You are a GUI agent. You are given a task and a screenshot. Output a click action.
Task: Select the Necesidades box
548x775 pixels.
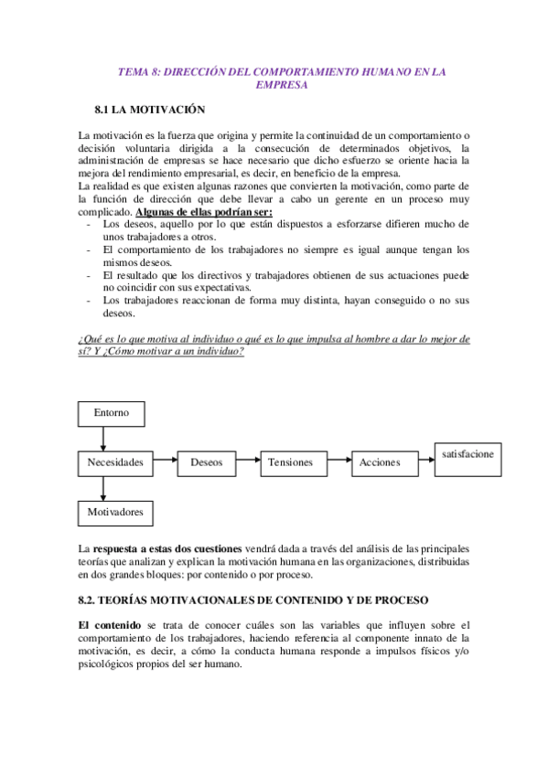click(x=115, y=462)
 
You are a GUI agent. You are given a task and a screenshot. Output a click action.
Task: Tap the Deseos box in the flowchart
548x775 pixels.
click(x=206, y=462)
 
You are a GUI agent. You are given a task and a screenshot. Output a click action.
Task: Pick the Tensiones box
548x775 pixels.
click(x=290, y=462)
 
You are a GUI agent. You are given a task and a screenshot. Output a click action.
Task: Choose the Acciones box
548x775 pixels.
click(x=380, y=462)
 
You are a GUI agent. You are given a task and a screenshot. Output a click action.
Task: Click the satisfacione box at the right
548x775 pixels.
click(x=467, y=457)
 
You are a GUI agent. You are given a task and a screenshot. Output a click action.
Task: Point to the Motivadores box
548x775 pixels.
click(x=115, y=512)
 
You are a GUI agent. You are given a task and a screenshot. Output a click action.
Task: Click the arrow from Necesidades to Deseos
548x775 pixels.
click(x=166, y=462)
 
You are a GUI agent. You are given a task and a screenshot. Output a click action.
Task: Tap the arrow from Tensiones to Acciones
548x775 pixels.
click(x=337, y=462)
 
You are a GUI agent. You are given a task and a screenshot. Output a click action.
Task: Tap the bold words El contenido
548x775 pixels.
click(x=109, y=624)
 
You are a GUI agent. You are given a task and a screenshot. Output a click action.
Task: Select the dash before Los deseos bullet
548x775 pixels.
click(x=87, y=223)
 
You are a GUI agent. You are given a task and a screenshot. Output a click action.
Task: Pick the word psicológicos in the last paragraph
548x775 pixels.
click(x=113, y=664)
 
